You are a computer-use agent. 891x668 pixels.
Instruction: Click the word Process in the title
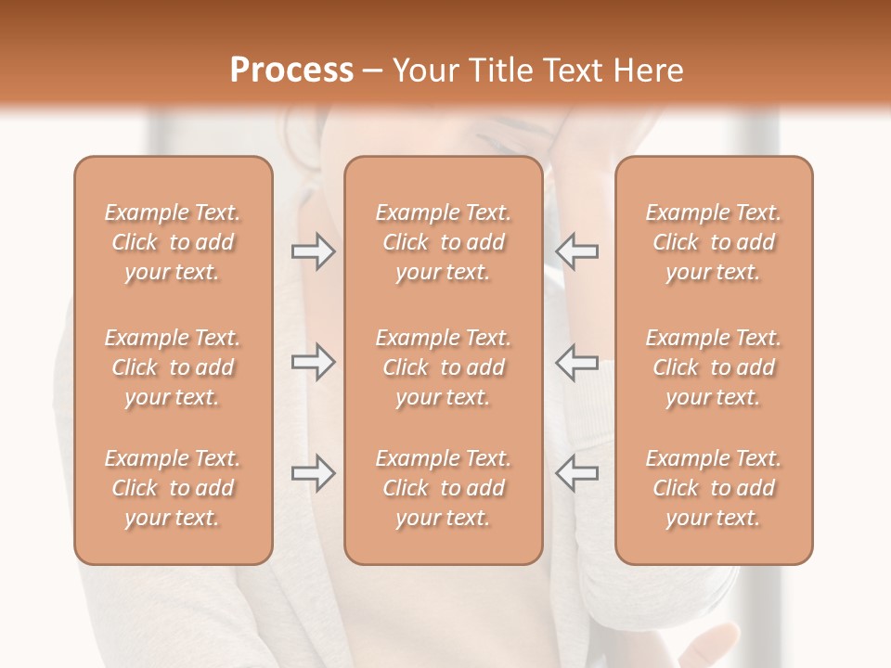pos(291,71)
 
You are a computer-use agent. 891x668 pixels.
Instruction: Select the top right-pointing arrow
pos(314,250)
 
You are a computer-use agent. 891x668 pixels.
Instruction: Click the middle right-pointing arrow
pos(314,362)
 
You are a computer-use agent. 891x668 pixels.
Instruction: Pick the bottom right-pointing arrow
pos(314,473)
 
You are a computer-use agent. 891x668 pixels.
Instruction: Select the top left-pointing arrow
pos(576,250)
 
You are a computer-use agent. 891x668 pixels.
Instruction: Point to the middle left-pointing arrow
pos(576,362)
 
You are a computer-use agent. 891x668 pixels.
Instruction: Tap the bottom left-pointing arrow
pos(576,473)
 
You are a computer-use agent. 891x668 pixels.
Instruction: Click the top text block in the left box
pos(173,242)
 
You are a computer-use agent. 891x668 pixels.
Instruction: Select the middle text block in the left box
pos(173,367)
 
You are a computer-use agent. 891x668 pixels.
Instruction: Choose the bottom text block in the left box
pos(173,488)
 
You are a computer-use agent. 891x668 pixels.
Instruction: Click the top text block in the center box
pos(443,242)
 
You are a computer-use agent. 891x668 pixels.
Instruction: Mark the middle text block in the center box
pos(443,367)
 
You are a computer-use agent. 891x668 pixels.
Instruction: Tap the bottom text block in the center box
pos(443,488)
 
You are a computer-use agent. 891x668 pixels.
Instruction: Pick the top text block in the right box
pos(713,242)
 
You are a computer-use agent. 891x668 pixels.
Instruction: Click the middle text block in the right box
pos(713,367)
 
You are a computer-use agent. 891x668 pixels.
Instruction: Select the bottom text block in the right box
pos(713,488)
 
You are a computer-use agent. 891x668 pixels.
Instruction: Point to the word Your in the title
pos(425,71)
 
